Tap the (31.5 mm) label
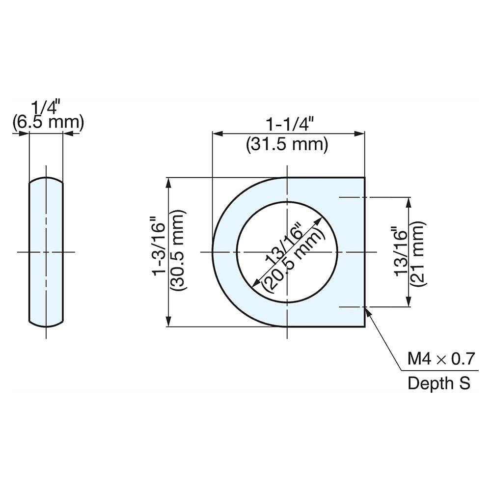(x=286, y=145)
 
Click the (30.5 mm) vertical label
(x=177, y=252)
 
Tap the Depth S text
(x=439, y=383)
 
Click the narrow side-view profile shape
(x=46, y=252)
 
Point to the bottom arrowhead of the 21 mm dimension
(x=409, y=303)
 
